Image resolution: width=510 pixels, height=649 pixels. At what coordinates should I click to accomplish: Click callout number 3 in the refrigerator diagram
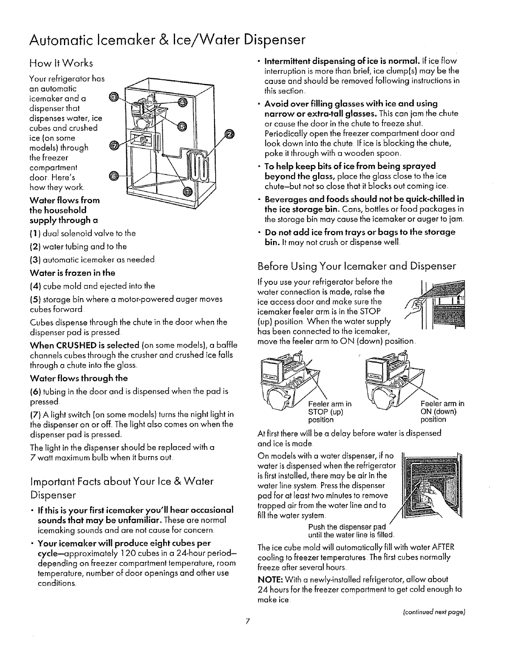pyautogui.click(x=116, y=97)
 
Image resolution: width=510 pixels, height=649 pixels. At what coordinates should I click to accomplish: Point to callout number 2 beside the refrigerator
pyautogui.click(x=230, y=134)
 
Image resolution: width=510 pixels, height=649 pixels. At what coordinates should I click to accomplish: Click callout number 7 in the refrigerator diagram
pyautogui.click(x=115, y=145)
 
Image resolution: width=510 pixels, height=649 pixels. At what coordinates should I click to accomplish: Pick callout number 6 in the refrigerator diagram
pyautogui.click(x=115, y=177)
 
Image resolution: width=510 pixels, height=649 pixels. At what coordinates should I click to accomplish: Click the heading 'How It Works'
pyautogui.click(x=61, y=63)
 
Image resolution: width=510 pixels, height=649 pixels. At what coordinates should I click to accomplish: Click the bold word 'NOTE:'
pyautogui.click(x=269, y=579)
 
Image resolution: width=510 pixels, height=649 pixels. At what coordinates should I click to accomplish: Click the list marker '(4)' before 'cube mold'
pyautogui.click(x=36, y=286)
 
